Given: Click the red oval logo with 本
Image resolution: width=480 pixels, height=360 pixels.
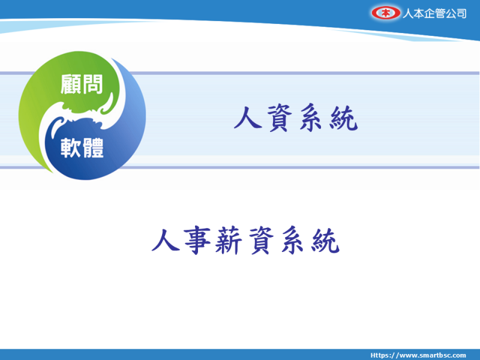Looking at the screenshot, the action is [x=386, y=13].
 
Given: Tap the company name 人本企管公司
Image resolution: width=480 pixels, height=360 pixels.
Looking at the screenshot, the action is [x=434, y=13].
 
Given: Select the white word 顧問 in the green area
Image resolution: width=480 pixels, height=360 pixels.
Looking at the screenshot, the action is [x=82, y=84].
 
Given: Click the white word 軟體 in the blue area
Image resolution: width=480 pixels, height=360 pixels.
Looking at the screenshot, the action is [x=82, y=148].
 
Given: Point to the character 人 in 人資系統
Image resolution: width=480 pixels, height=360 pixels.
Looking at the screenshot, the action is [x=248, y=117].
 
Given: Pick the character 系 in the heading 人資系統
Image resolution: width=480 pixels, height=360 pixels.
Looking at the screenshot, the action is [x=311, y=118].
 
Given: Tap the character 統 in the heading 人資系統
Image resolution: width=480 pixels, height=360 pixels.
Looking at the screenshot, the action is [x=343, y=118].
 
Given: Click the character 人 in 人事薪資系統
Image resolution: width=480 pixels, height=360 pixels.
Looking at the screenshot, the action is [x=166, y=241].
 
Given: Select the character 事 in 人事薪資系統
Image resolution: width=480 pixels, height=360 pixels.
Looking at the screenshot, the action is [x=197, y=241].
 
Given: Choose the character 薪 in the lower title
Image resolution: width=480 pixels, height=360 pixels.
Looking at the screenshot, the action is [x=229, y=241].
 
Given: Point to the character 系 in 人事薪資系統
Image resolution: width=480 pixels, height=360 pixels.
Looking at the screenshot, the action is [x=293, y=241].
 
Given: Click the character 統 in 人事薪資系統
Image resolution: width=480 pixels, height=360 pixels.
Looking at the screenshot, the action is [x=325, y=241].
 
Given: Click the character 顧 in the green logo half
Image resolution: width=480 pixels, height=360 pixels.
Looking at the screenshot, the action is [x=71, y=84].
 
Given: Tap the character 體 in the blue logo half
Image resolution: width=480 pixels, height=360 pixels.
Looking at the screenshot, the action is [x=93, y=148].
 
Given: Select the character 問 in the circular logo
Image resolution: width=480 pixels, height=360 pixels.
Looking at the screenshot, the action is [x=92, y=84].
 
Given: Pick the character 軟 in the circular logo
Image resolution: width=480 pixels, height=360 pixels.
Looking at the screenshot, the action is [x=71, y=148].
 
